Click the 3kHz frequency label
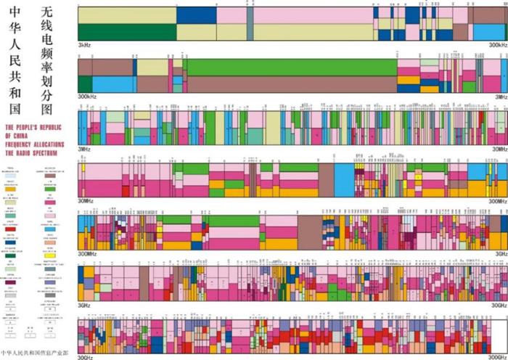point(83,45)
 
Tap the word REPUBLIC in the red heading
point(50,126)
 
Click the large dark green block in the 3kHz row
point(127,32)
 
